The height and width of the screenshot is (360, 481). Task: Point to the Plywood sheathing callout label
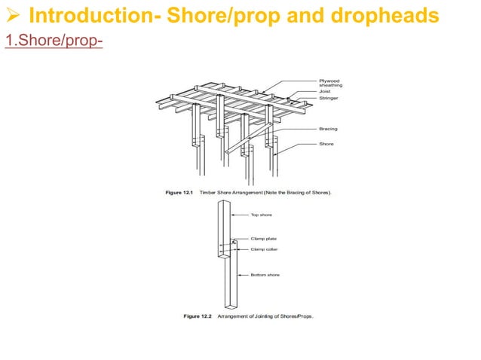pyautogui.click(x=330, y=83)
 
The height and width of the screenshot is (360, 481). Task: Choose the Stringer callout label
pyautogui.click(x=329, y=99)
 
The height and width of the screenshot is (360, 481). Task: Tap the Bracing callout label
pyautogui.click(x=329, y=129)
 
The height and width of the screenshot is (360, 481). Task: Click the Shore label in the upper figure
pyautogui.click(x=326, y=144)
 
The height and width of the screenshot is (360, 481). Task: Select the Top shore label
pyautogui.click(x=262, y=215)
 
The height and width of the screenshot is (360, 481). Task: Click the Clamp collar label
pyautogui.click(x=265, y=249)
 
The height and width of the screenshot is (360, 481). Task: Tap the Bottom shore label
pyautogui.click(x=265, y=275)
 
